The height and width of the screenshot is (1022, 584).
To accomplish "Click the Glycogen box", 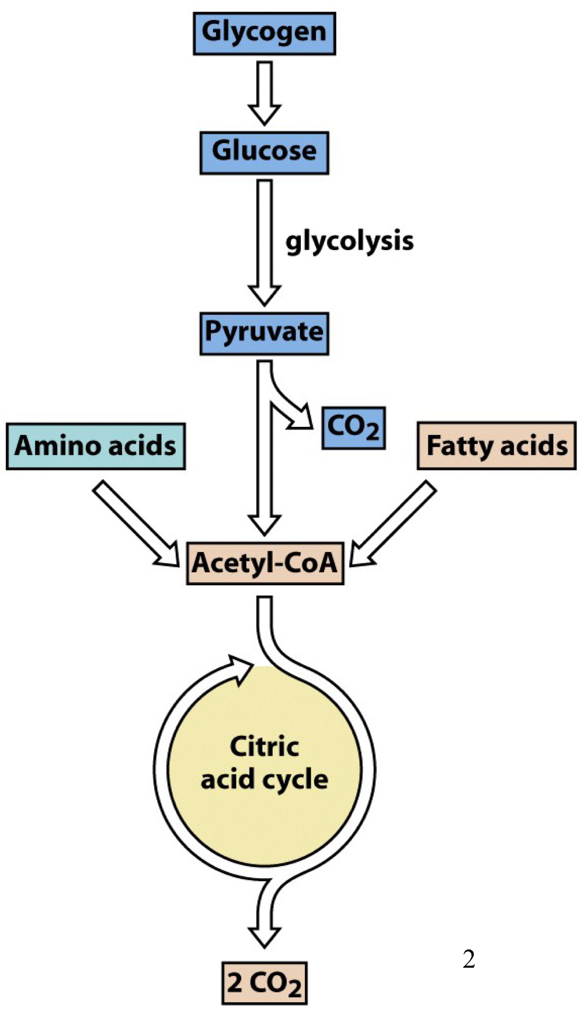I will click(x=264, y=33).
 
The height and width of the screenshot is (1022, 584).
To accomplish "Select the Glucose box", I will click(x=264, y=152).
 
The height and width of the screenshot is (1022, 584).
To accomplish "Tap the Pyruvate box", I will click(x=264, y=333).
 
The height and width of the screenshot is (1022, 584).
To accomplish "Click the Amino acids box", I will click(x=95, y=446).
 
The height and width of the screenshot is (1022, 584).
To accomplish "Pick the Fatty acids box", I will click(x=496, y=446).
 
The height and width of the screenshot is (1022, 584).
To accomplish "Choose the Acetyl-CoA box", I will click(x=265, y=563).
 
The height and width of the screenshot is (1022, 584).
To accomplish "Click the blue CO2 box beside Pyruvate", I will click(x=353, y=428).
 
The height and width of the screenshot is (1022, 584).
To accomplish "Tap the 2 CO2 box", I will click(x=264, y=983).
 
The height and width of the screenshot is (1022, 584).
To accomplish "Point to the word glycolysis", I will click(x=349, y=241).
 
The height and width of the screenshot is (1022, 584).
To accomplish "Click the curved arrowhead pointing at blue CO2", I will click(x=302, y=417).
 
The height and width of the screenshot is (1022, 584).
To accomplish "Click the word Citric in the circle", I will click(x=264, y=746).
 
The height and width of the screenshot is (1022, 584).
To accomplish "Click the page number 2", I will click(x=468, y=959).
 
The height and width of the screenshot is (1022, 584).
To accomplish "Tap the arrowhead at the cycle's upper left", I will click(x=241, y=669).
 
